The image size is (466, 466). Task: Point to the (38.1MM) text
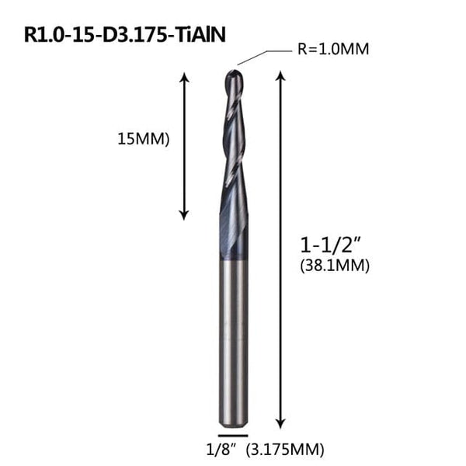point(333,266)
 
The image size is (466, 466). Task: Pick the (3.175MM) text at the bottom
point(285,449)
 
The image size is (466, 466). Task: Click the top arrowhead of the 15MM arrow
point(184,77)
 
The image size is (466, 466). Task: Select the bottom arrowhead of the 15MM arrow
point(184,213)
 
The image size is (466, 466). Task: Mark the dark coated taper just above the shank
point(233,233)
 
